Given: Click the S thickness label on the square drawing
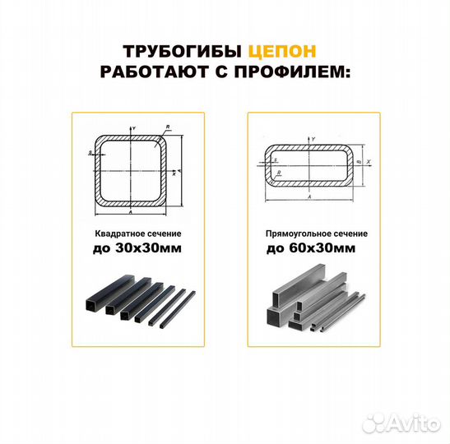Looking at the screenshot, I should point(89,154).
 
